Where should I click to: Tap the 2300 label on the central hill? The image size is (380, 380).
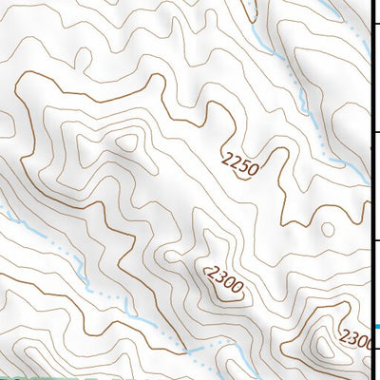click(225, 281)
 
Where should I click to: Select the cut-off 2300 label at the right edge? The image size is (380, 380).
click(356, 339)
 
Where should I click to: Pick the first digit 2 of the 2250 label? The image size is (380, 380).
click(226, 157)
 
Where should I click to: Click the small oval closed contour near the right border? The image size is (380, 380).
click(328, 229)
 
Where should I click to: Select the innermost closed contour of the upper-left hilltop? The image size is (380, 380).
click(125, 143)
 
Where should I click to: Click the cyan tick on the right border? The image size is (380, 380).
click(376, 328)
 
